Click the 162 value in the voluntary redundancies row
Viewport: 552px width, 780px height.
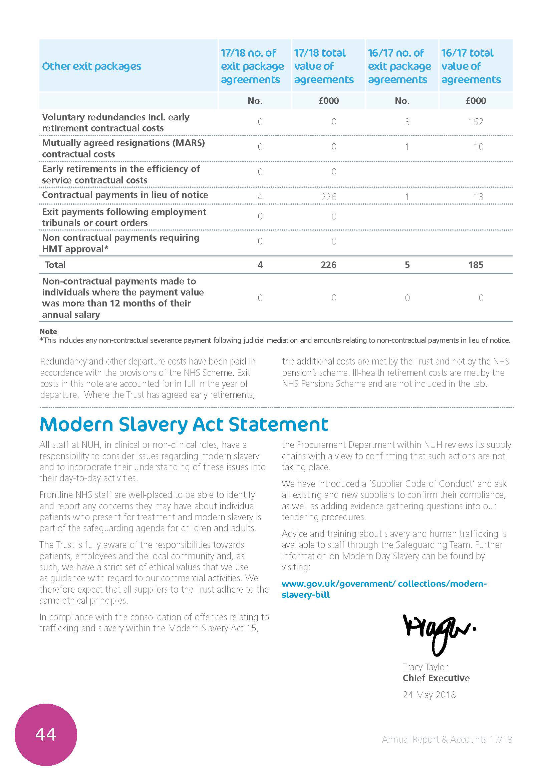point(476,122)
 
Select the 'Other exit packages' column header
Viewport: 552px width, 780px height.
point(91,66)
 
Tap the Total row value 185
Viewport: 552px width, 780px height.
point(476,265)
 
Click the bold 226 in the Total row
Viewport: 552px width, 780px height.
point(328,265)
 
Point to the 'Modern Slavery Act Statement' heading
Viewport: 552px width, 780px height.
point(184,424)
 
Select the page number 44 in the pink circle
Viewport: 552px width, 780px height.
point(46,734)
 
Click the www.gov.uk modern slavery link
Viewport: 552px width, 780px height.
point(384,589)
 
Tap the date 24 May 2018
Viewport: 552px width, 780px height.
point(429,695)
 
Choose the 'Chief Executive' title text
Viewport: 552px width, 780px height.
point(436,678)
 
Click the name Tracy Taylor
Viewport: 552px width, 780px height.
point(425,667)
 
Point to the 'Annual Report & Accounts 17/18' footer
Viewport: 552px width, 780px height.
point(447,740)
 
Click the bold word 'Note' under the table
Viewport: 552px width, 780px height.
point(48,331)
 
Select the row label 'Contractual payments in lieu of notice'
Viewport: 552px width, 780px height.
point(125,195)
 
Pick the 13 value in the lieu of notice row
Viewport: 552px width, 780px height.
point(478,197)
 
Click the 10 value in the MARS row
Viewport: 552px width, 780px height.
point(478,147)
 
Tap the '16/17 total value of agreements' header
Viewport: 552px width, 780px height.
point(471,66)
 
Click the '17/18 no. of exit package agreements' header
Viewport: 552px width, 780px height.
point(252,66)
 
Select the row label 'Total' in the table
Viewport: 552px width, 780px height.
point(55,265)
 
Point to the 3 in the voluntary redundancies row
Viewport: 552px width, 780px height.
point(407,122)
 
